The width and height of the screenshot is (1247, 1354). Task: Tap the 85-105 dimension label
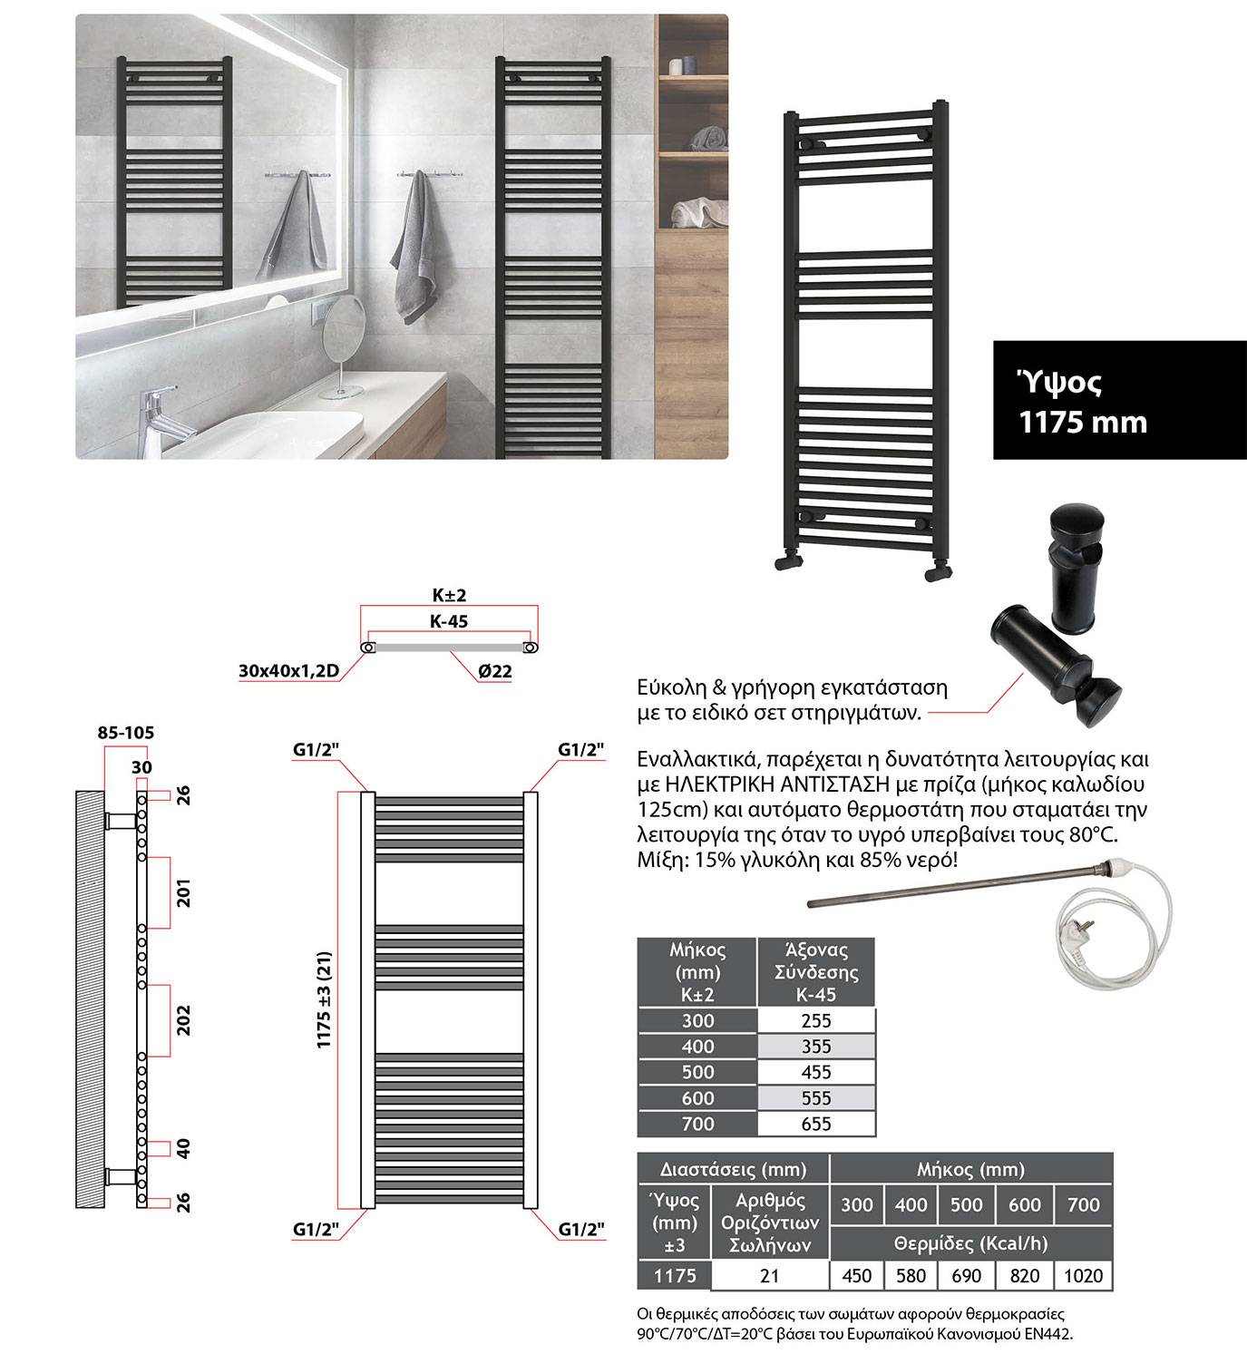pos(125,732)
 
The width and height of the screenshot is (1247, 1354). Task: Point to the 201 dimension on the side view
pos(182,892)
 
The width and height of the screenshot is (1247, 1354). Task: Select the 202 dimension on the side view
pos(182,1020)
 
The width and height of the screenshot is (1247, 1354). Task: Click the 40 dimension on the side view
pos(182,1149)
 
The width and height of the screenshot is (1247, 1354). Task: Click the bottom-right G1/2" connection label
pos(581,1230)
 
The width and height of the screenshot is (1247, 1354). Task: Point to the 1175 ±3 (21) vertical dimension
pos(325,1000)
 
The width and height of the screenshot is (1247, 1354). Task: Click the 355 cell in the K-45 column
pos(816,1047)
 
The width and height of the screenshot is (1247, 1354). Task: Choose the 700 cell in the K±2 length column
pos(697,1125)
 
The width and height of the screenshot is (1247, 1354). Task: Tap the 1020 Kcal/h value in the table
pos(1083,1276)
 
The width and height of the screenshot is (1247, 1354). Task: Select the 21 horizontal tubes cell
pos(770,1276)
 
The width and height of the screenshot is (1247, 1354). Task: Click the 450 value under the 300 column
pos(856,1276)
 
